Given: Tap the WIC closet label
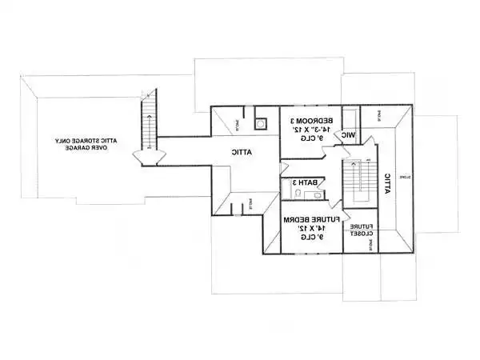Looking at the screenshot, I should [x=349, y=136].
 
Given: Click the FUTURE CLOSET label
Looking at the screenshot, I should [x=360, y=230].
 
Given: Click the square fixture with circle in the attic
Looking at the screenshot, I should [x=260, y=124].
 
